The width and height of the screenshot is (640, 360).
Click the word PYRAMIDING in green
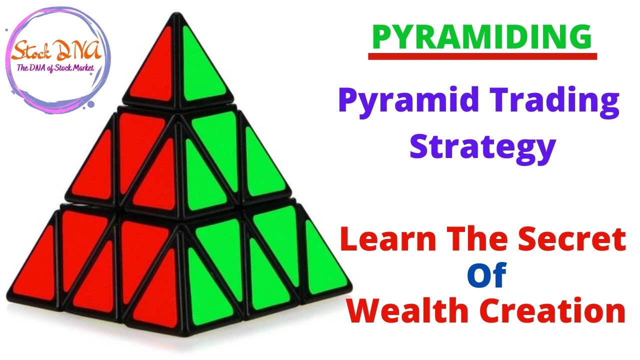(x=482, y=37)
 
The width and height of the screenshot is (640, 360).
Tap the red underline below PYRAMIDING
(x=482, y=57)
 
